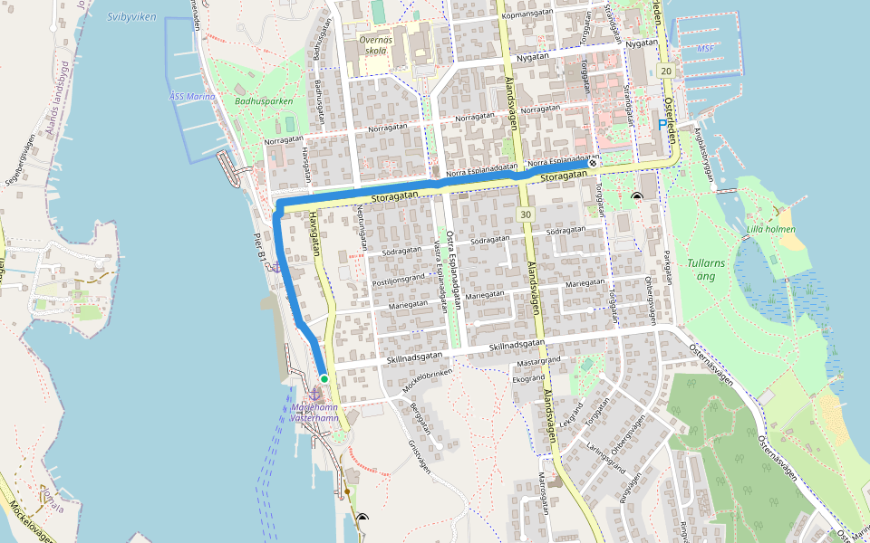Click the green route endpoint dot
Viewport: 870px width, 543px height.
point(324,379)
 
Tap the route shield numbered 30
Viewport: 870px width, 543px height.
point(526,214)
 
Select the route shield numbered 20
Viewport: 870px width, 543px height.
point(667,71)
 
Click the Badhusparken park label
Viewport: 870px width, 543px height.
point(264,101)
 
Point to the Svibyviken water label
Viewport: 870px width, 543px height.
point(130,16)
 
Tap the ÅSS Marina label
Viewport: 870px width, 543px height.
point(192,96)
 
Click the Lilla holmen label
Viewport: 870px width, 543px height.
point(771,229)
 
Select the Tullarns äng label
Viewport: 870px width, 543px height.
point(706,269)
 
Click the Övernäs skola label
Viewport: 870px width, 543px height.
point(373,45)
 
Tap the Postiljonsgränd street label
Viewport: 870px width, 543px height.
point(399,280)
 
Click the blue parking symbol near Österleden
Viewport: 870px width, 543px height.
point(662,124)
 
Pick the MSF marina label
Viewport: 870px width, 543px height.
point(705,49)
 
